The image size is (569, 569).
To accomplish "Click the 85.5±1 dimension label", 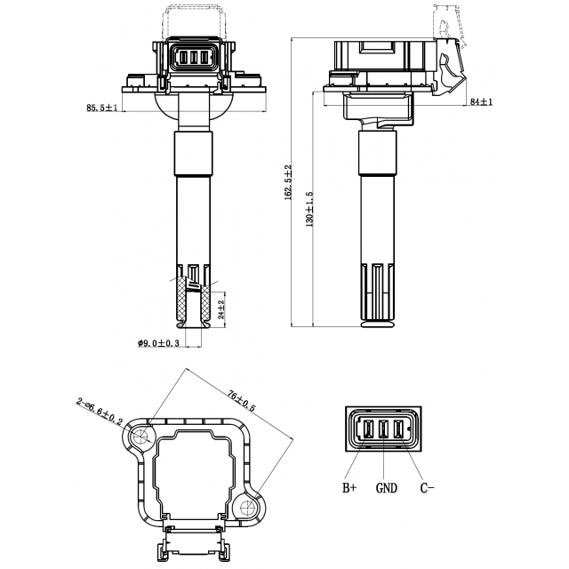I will click(100, 108).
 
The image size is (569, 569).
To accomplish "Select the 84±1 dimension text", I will click(480, 102).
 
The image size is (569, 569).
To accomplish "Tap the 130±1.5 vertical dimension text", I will click(309, 207).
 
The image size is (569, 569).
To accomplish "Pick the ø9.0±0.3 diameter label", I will click(158, 342).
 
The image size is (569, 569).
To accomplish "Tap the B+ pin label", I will click(349, 487).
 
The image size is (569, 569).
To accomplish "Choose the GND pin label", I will click(386, 487).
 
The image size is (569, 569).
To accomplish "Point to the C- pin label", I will click(427, 487).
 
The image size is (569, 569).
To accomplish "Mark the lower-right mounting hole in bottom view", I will click(248, 508).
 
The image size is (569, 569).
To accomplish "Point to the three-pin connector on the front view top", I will click(194, 57).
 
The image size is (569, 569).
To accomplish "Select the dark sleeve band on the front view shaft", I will click(194, 154).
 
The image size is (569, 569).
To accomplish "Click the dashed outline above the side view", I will click(449, 23).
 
